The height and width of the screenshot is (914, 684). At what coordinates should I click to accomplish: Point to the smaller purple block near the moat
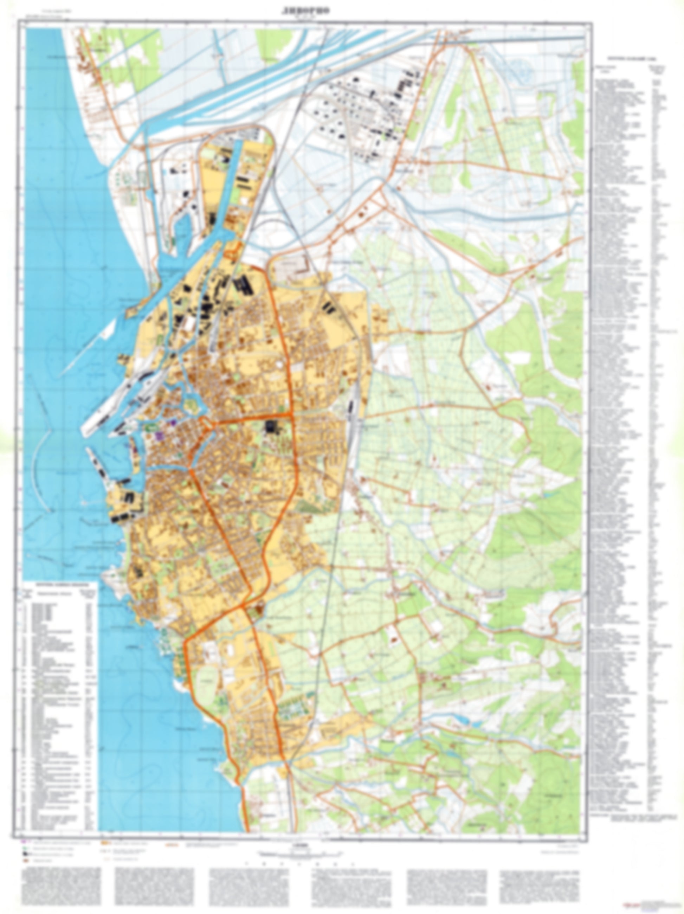point(174,422)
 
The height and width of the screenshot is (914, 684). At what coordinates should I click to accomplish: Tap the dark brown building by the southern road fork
point(259,609)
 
